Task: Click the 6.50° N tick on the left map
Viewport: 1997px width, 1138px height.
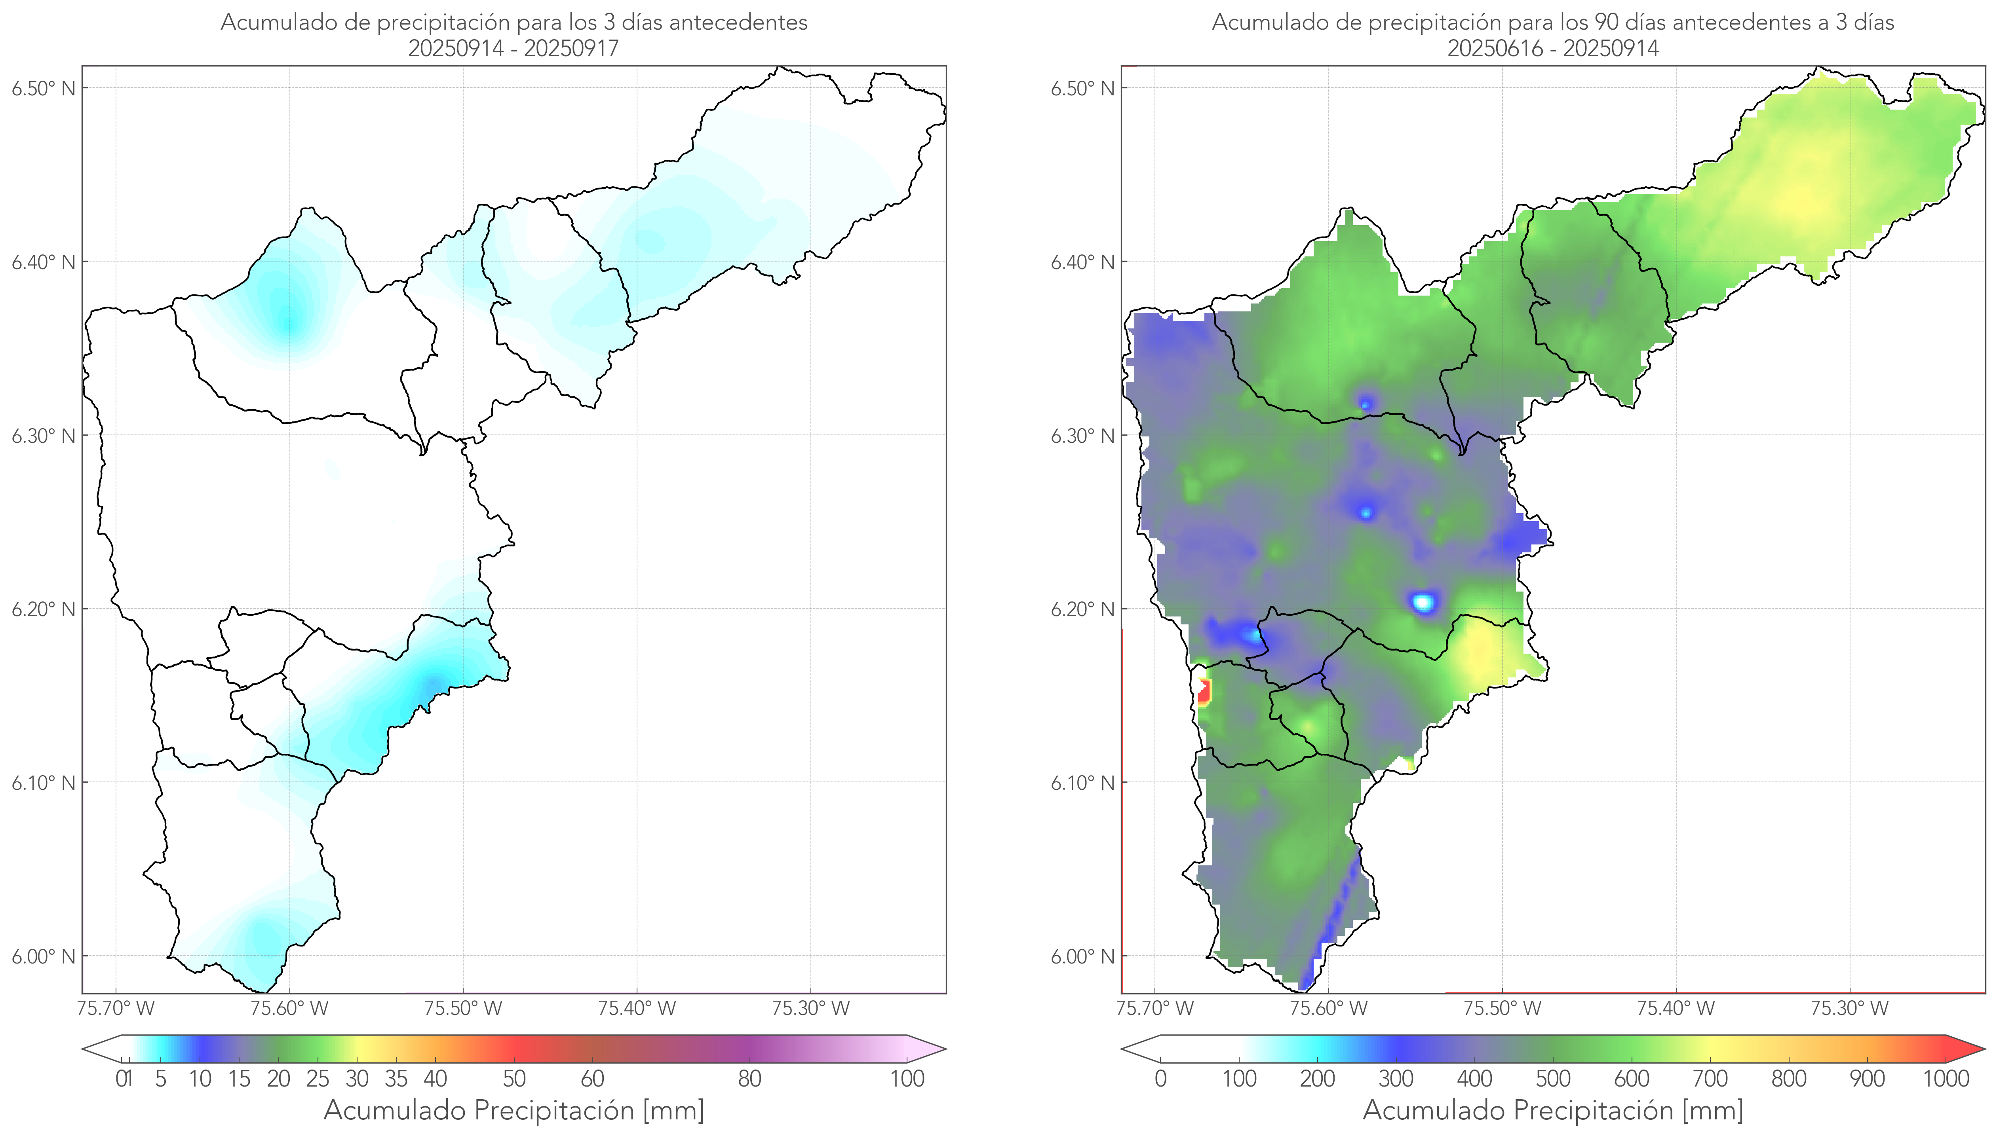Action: point(44,87)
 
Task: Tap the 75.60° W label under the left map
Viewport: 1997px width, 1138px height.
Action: point(289,1008)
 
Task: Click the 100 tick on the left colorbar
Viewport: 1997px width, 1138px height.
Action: point(907,1079)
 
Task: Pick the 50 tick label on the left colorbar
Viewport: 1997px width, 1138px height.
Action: point(514,1079)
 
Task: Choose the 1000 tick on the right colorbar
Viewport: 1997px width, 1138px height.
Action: point(1946,1079)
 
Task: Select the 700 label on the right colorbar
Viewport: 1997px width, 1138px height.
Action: point(1710,1079)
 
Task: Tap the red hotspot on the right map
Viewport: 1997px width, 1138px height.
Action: point(1204,692)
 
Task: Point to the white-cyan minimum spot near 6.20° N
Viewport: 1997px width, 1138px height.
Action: point(1424,602)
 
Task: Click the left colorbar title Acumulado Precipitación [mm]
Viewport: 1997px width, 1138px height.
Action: point(514,1110)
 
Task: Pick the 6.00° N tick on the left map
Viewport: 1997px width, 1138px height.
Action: point(44,956)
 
